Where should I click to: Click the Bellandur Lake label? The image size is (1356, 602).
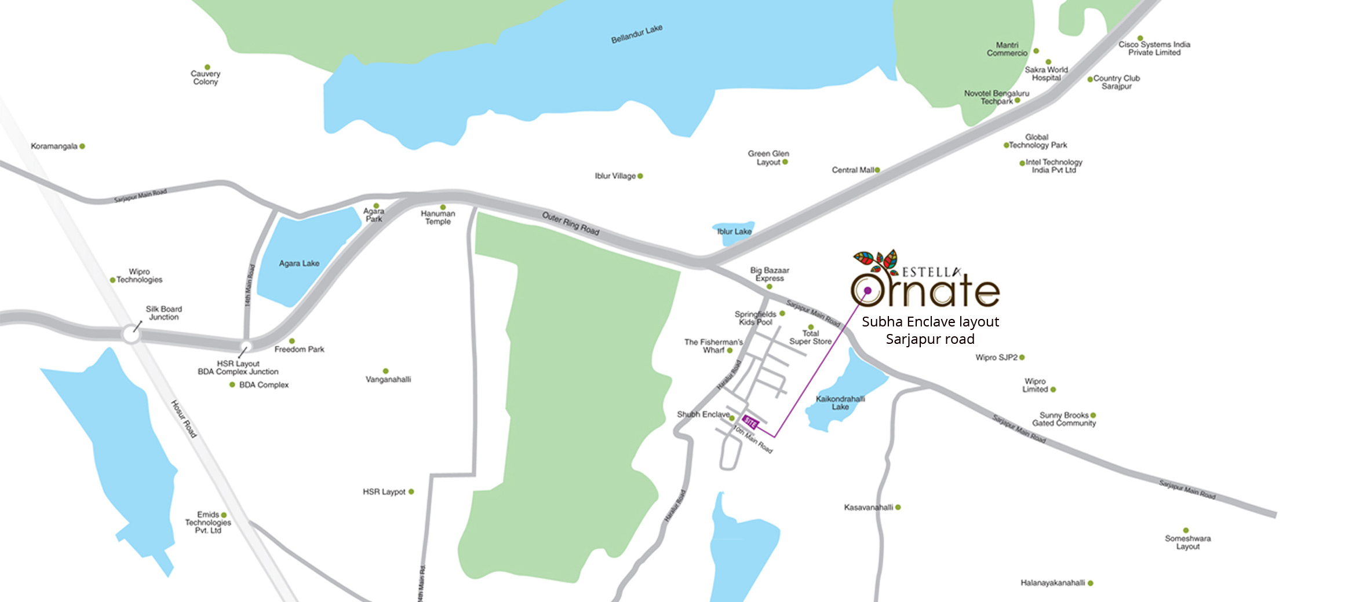(x=636, y=34)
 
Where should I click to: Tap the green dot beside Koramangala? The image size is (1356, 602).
(x=82, y=146)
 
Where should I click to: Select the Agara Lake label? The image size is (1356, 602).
(x=299, y=263)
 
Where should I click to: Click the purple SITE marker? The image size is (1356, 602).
(x=750, y=422)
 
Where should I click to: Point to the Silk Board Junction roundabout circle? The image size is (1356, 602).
(x=131, y=335)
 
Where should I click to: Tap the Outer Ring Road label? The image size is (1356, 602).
(x=570, y=223)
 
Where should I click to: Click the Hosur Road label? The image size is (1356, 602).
(x=184, y=419)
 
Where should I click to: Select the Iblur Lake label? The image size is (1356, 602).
(x=734, y=232)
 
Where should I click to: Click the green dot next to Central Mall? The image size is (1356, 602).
(x=877, y=170)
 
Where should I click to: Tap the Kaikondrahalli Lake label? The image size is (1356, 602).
(x=840, y=403)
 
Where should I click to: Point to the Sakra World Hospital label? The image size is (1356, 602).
(x=1046, y=74)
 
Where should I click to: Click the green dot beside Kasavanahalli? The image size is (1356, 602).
(x=898, y=508)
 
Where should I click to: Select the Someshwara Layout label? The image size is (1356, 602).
(x=1187, y=542)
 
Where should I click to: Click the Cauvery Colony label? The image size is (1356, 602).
(x=205, y=78)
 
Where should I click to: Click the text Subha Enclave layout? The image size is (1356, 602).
(x=930, y=322)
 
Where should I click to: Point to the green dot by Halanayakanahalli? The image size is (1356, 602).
(x=1090, y=583)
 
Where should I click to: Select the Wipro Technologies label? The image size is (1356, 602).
(x=139, y=276)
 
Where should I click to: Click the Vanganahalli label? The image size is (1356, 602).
(x=388, y=380)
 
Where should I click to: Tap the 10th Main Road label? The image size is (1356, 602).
(x=753, y=439)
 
